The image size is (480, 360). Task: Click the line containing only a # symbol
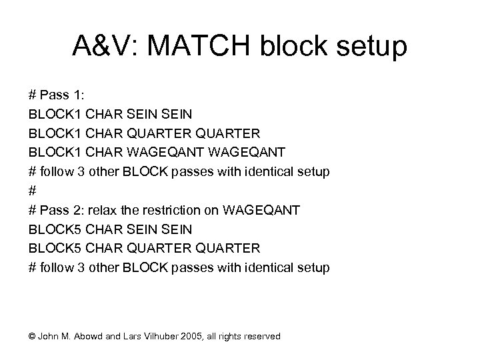tap(32, 191)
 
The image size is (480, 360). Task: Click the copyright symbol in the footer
tap(33, 336)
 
